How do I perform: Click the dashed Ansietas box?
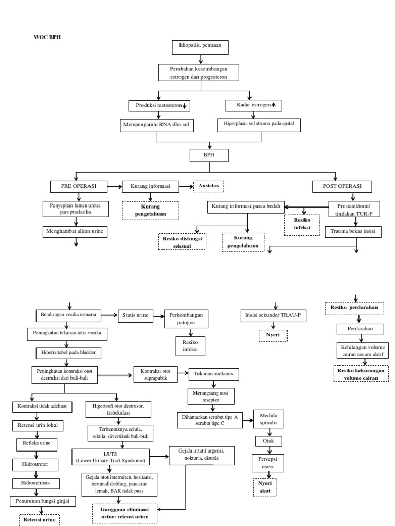tap(209, 185)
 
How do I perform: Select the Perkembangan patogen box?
tap(186, 320)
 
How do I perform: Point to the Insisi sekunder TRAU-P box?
tap(273, 316)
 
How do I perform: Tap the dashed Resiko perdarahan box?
tap(354, 308)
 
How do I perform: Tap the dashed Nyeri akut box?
tap(264, 487)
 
